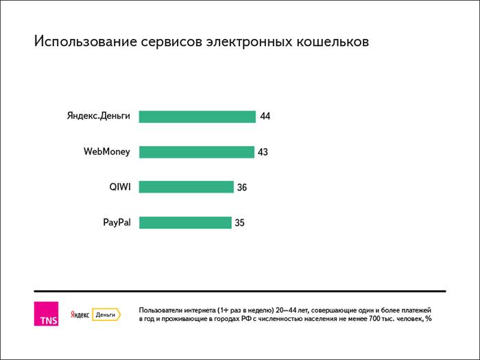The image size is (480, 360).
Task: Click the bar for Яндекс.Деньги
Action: click(197, 117)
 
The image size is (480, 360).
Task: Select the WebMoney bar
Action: click(196, 152)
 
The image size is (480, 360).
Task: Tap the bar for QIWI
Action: click(186, 187)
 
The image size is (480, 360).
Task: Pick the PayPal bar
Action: click(185, 222)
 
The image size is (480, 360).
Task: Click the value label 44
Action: click(265, 117)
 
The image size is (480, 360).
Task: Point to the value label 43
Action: click(263, 152)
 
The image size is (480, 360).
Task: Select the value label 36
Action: click(241, 187)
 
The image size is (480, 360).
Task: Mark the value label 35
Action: click(239, 222)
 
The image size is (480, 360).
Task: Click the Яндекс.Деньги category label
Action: click(98, 116)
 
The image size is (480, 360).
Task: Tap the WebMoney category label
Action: click(107, 152)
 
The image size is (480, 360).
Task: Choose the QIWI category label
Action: click(120, 187)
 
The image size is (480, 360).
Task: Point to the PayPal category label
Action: click(116, 222)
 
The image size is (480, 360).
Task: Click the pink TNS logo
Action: click(46, 314)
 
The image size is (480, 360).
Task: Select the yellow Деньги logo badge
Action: click(106, 315)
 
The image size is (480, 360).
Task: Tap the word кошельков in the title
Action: click(332, 43)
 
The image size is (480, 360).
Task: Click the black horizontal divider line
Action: click(239, 291)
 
